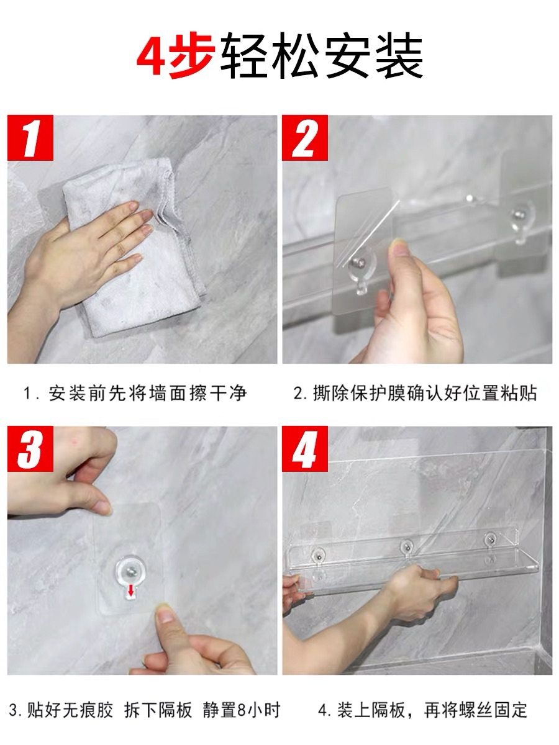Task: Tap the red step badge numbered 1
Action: click(30, 137)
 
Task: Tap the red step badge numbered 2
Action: click(305, 137)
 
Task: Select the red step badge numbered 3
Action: click(30, 448)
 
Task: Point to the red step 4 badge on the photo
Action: click(305, 448)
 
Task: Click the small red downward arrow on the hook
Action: click(130, 591)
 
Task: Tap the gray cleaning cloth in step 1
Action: click(136, 248)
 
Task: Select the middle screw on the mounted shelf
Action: click(406, 546)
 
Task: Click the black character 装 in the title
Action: click(399, 55)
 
